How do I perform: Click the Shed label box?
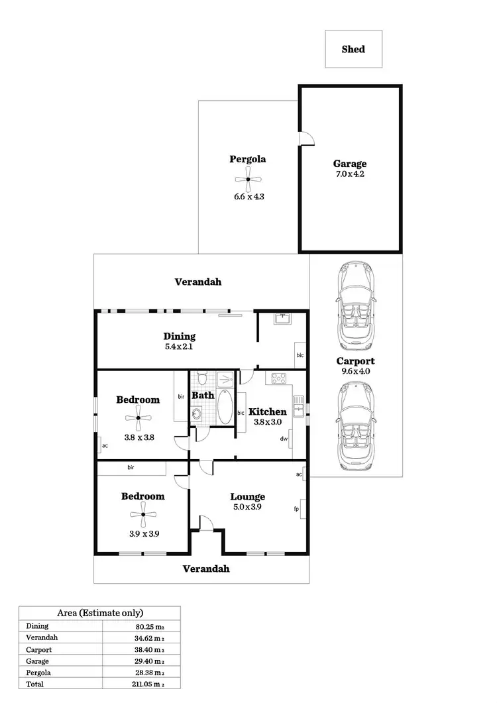pyautogui.click(x=353, y=49)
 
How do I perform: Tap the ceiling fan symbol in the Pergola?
pyautogui.click(x=247, y=179)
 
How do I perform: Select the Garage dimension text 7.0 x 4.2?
pyautogui.click(x=349, y=175)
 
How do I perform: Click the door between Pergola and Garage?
pyautogui.click(x=305, y=137)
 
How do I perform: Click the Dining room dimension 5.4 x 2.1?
pyautogui.click(x=179, y=346)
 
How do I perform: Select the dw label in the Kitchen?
pyautogui.click(x=283, y=439)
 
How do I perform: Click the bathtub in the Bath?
pyautogui.click(x=224, y=407)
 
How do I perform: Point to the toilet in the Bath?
pyautogui.click(x=203, y=379)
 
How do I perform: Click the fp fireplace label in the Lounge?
pyautogui.click(x=296, y=509)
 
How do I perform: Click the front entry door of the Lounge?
pyautogui.click(x=206, y=525)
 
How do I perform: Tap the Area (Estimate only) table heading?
pyautogui.click(x=99, y=613)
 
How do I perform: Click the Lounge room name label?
pyautogui.click(x=247, y=497)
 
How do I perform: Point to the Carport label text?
pyautogui.click(x=355, y=361)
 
